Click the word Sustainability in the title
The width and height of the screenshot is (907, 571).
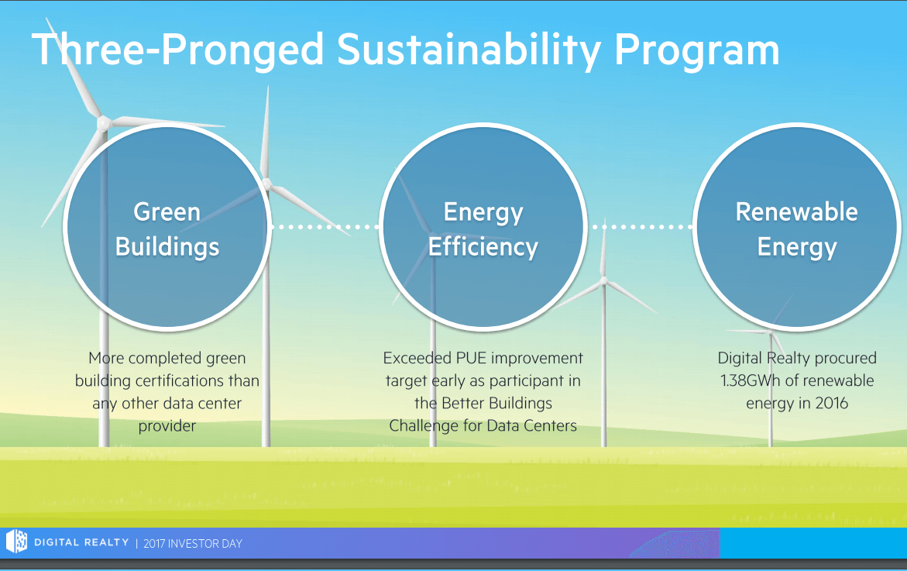click(x=469, y=51)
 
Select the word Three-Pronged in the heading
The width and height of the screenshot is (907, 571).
click(x=177, y=51)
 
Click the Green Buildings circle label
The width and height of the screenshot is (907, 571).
click(x=167, y=229)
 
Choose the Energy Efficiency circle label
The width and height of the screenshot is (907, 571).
click(x=483, y=229)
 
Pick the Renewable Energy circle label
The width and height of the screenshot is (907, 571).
click(x=796, y=229)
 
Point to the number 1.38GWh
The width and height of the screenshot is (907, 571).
click(x=748, y=380)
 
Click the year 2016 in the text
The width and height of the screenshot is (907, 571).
click(x=831, y=403)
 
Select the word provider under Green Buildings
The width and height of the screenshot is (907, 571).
click(x=167, y=426)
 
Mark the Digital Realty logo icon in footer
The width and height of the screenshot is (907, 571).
click(x=16, y=542)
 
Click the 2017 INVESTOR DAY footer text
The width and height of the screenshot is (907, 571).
click(x=193, y=544)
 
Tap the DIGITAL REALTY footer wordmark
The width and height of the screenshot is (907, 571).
click(x=81, y=542)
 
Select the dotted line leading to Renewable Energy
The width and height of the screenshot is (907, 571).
click(x=641, y=227)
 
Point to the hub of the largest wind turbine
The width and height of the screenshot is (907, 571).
click(x=104, y=122)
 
